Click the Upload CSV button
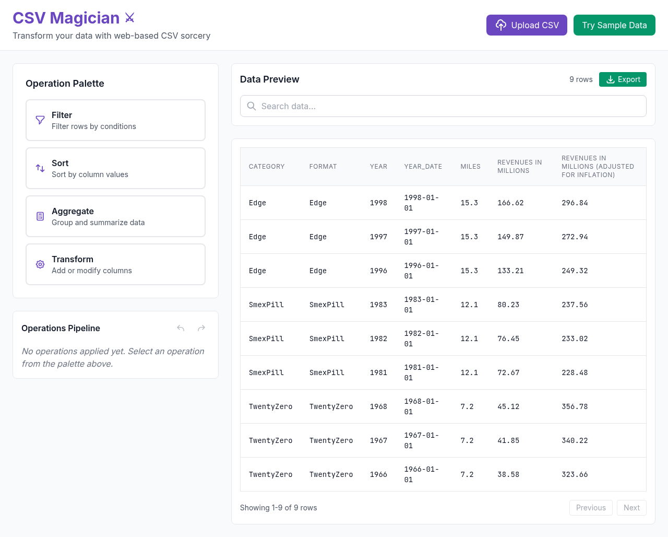pyautogui.click(x=527, y=25)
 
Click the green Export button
pyautogui.click(x=623, y=79)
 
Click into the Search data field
pyautogui.click(x=443, y=106)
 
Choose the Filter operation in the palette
pyautogui.click(x=115, y=120)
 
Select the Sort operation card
pyautogui.click(x=115, y=168)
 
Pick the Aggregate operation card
pyautogui.click(x=115, y=216)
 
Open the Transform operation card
pyautogui.click(x=115, y=264)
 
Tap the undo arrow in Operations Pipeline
pyautogui.click(x=181, y=328)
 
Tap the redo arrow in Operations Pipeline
pyautogui.click(x=201, y=328)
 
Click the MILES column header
pyautogui.click(x=470, y=167)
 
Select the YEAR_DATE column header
pyautogui.click(x=423, y=167)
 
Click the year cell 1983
pyautogui.click(x=378, y=305)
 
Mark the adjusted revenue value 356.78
pyautogui.click(x=575, y=406)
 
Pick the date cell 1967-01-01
pyautogui.click(x=421, y=440)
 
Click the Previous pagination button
pyautogui.click(x=591, y=508)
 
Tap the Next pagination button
pyautogui.click(x=631, y=508)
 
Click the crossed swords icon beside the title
pyautogui.click(x=130, y=18)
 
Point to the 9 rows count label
pyautogui.click(x=581, y=79)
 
